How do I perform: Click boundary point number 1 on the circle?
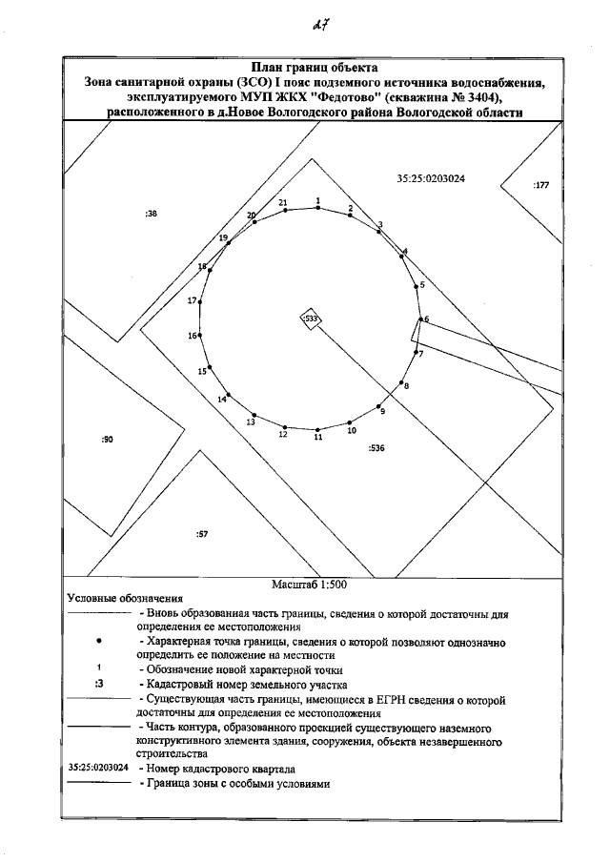317,208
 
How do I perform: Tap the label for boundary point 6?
426,318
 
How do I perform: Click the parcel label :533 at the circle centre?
310,318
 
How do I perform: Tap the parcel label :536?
376,447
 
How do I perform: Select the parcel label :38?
151,214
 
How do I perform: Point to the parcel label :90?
107,440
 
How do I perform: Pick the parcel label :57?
202,534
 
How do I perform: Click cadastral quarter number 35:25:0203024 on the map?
436,177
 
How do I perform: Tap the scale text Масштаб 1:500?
305,585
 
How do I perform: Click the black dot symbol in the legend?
99,644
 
